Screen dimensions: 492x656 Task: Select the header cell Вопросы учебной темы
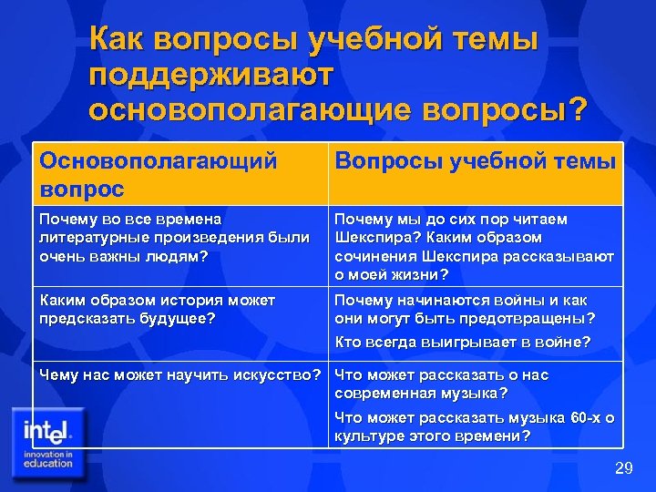tap(476, 161)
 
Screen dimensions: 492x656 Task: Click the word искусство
tap(275, 374)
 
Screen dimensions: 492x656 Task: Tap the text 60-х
tap(586, 417)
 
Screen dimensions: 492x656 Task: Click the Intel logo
tap(47, 428)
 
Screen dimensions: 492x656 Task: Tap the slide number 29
tap(623, 468)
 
